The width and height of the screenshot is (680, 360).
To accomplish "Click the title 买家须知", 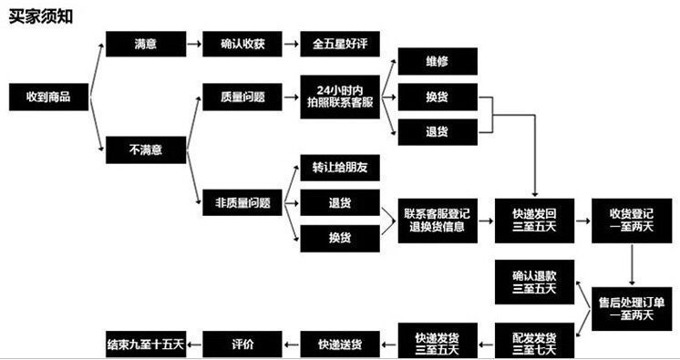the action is coord(41,16).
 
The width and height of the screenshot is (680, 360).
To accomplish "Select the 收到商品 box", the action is coord(49,97).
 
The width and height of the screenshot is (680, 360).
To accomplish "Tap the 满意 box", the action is coord(146,44).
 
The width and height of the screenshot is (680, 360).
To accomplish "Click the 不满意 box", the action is coord(146,150).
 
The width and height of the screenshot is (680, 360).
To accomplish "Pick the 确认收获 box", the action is coord(242,44).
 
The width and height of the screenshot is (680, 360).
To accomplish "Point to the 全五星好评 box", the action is coord(340,44).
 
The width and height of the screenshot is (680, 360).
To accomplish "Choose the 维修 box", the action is coord(438,62).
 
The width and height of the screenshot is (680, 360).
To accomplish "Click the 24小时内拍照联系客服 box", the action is coord(340,97).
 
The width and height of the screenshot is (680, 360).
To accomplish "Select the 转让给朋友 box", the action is coord(340,168).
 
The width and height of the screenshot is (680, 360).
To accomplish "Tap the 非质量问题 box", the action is coord(242,202).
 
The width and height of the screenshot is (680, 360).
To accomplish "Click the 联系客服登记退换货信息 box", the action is coord(438,221).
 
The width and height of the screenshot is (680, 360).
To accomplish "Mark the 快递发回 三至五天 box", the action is coord(534,221).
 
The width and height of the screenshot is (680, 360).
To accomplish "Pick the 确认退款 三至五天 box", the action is coord(534,282).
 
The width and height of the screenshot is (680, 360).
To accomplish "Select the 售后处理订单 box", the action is coord(632,309).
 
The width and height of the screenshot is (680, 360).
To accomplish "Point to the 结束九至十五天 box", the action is coord(146,345).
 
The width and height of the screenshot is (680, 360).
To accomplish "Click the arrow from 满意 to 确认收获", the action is coord(194,44).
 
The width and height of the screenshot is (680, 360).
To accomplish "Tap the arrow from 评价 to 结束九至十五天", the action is coord(194,345).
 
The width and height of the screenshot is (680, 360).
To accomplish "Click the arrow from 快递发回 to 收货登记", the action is coord(583,221).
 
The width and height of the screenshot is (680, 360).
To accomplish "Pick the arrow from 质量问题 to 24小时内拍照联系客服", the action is coord(292,98).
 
